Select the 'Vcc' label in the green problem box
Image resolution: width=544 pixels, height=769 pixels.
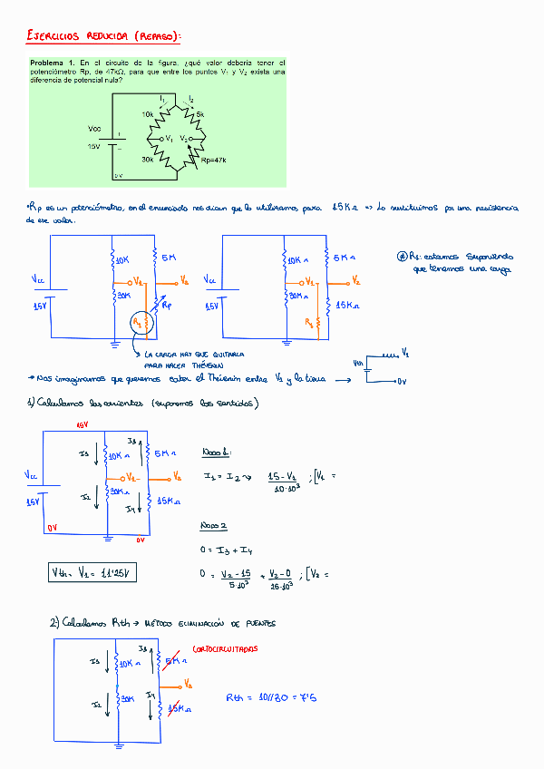tap(94, 128)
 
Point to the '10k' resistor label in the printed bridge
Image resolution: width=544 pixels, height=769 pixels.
tap(148, 114)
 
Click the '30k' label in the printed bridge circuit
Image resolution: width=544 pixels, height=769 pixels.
tap(147, 160)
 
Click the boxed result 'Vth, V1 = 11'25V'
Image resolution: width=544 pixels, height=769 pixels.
tap(93, 572)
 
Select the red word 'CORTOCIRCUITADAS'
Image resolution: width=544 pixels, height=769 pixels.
tap(226, 649)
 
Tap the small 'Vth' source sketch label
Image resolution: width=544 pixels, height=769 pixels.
tap(358, 365)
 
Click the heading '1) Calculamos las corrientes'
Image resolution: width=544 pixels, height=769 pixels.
tap(142, 404)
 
